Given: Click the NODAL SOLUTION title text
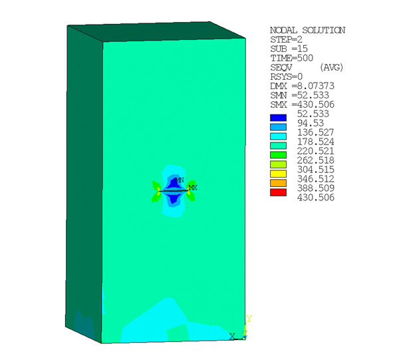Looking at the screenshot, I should tap(307, 31).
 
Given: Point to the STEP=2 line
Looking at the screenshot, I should tap(286, 40).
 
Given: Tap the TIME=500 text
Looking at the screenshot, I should tap(291, 59).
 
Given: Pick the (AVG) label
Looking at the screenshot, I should tap(331, 68).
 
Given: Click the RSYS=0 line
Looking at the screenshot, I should tap(286, 77).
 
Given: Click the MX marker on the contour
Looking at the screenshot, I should tap(193, 188).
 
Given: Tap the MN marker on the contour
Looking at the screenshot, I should tap(180, 180).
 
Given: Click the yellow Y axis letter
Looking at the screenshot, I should tap(248, 319).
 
